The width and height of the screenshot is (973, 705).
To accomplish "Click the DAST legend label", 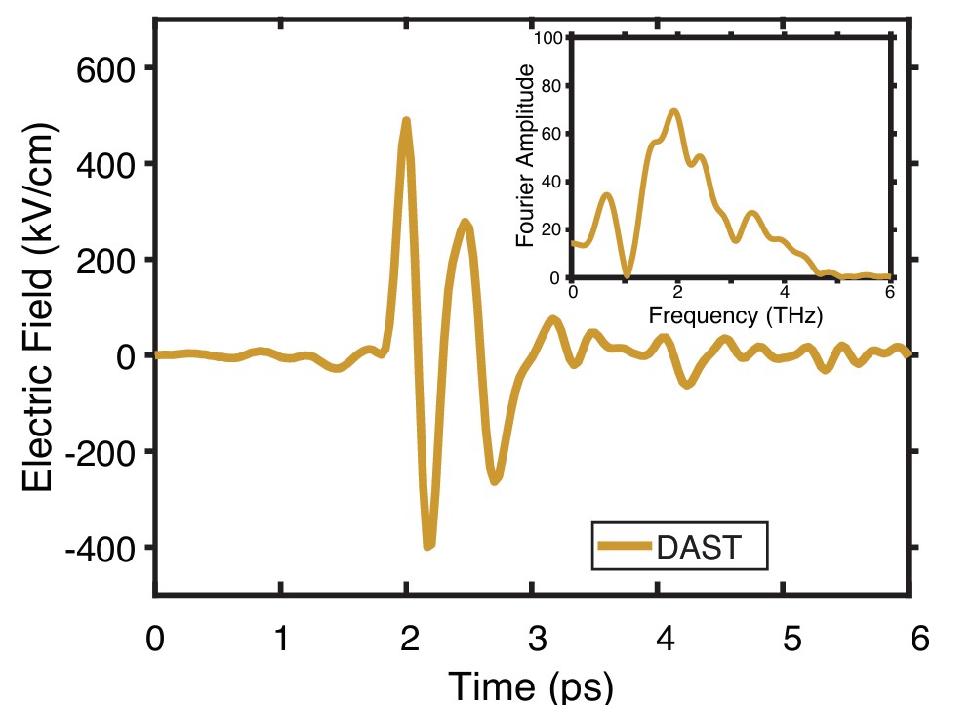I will point(700,548).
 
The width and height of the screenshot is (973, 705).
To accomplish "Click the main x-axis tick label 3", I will point(535,641).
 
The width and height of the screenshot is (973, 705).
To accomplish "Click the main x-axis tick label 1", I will point(281,641).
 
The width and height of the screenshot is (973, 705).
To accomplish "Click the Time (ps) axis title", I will point(531,685).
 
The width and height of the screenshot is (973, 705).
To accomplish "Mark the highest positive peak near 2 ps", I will point(406,121).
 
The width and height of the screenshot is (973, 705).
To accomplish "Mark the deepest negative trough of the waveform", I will point(428,545).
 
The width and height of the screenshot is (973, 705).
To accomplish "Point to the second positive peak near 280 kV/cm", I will point(466,224).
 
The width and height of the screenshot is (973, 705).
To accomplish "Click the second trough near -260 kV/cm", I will point(496,480).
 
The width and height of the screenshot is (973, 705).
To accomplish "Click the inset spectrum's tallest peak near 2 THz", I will point(673,111).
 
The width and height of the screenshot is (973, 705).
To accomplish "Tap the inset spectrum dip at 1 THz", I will point(627,276).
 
